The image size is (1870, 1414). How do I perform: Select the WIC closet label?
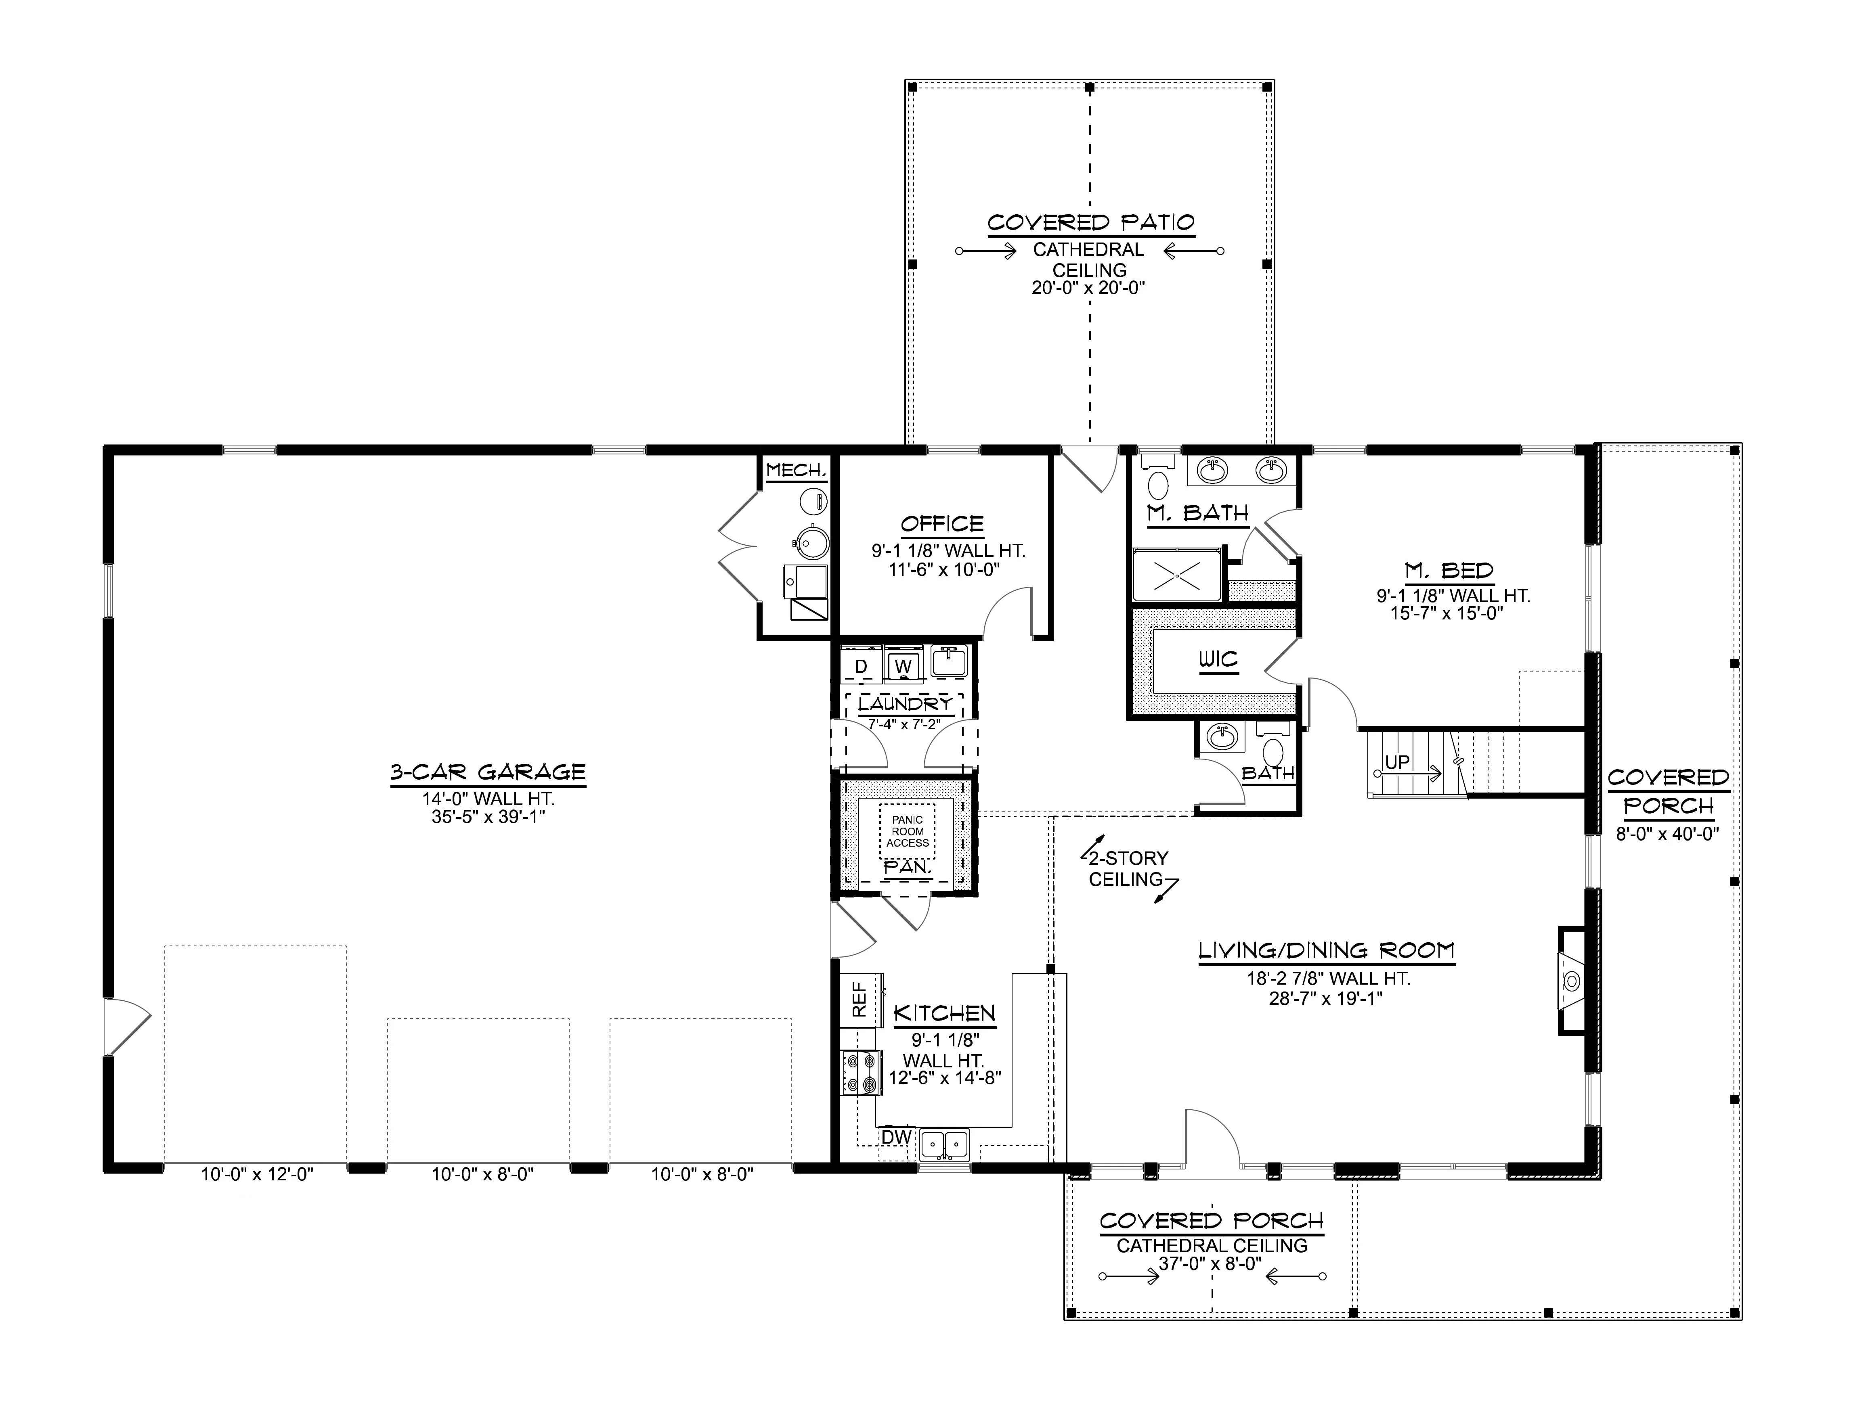tap(1218, 659)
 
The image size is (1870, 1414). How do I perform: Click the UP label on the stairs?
tap(1397, 761)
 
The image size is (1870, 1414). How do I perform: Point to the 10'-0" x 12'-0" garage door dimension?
tap(257, 1174)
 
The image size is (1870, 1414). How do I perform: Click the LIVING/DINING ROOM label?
tap(1327, 950)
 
